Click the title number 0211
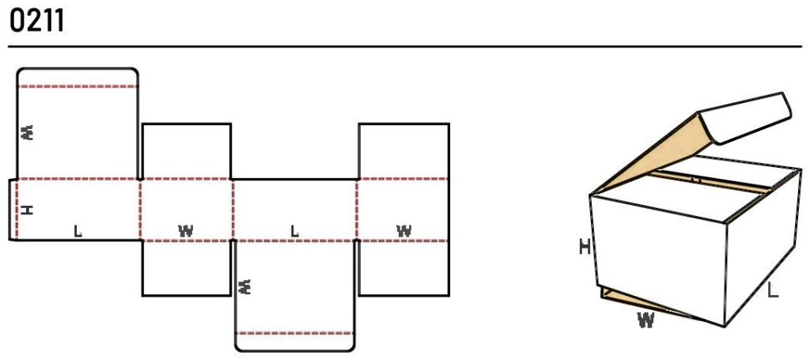coord(36,21)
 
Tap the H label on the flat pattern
coord(28,210)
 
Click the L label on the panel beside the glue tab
coord(78,231)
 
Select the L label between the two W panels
coord(294,231)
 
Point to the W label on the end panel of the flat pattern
coord(404,231)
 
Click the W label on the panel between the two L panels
coord(186,231)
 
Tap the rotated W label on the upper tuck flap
coord(28,132)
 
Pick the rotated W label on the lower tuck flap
coord(246,286)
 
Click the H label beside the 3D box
coord(585,248)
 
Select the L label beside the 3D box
coord(773,290)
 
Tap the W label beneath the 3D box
coord(645,321)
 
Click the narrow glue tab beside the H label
coord(13,210)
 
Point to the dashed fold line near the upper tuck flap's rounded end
coord(78,86)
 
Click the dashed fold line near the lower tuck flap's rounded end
coord(295,333)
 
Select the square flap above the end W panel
coord(404,151)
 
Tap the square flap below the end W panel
coord(404,268)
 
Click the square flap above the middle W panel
coord(187,151)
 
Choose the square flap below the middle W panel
coord(187,268)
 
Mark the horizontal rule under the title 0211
coord(405,47)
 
